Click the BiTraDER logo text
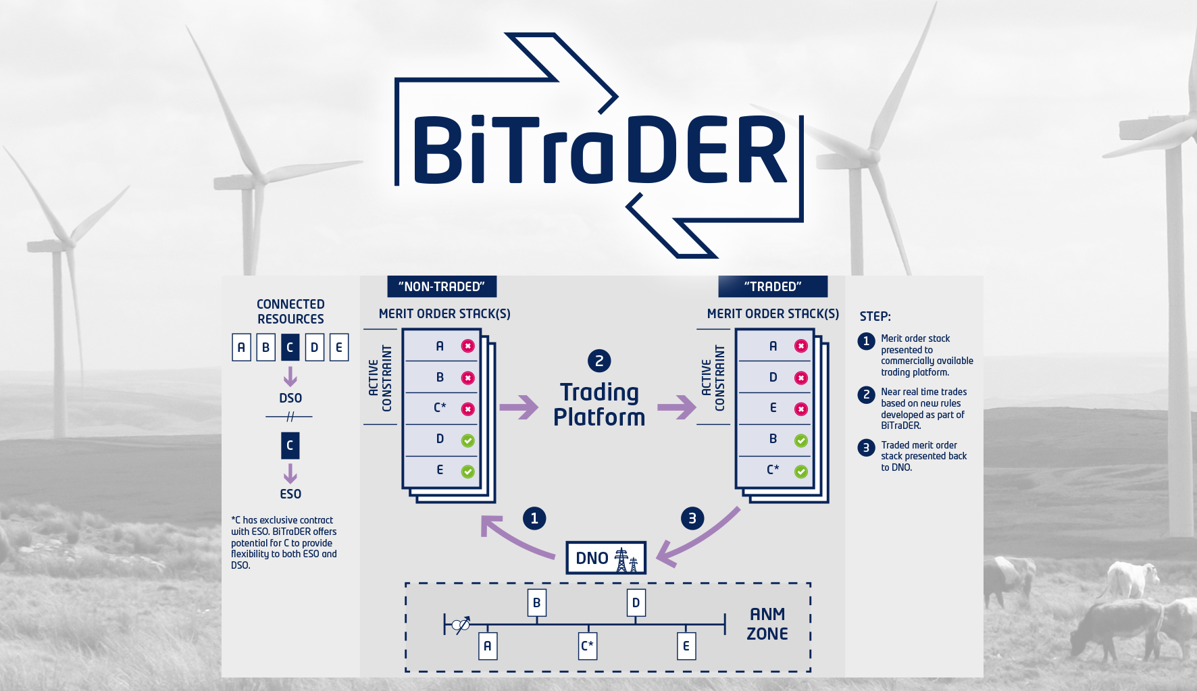coord(598,150)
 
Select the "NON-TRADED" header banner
coord(442,286)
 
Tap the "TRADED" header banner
coord(773,286)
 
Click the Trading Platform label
coord(599,405)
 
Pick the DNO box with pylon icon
coord(606,558)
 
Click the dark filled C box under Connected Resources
coord(290,347)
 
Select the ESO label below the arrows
coord(290,494)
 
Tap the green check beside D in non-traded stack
coord(467,440)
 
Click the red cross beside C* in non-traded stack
coord(467,409)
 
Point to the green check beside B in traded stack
coord(801,440)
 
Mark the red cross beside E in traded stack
coord(801,409)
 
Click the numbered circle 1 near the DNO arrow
coord(534,518)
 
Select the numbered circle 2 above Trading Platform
coord(599,361)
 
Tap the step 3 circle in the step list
coord(866,448)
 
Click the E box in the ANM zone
coord(686,646)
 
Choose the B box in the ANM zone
coord(537,603)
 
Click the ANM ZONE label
coord(767,623)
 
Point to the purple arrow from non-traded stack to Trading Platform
coord(518,407)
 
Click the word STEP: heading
coord(875,316)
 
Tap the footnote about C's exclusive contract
coord(284,542)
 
